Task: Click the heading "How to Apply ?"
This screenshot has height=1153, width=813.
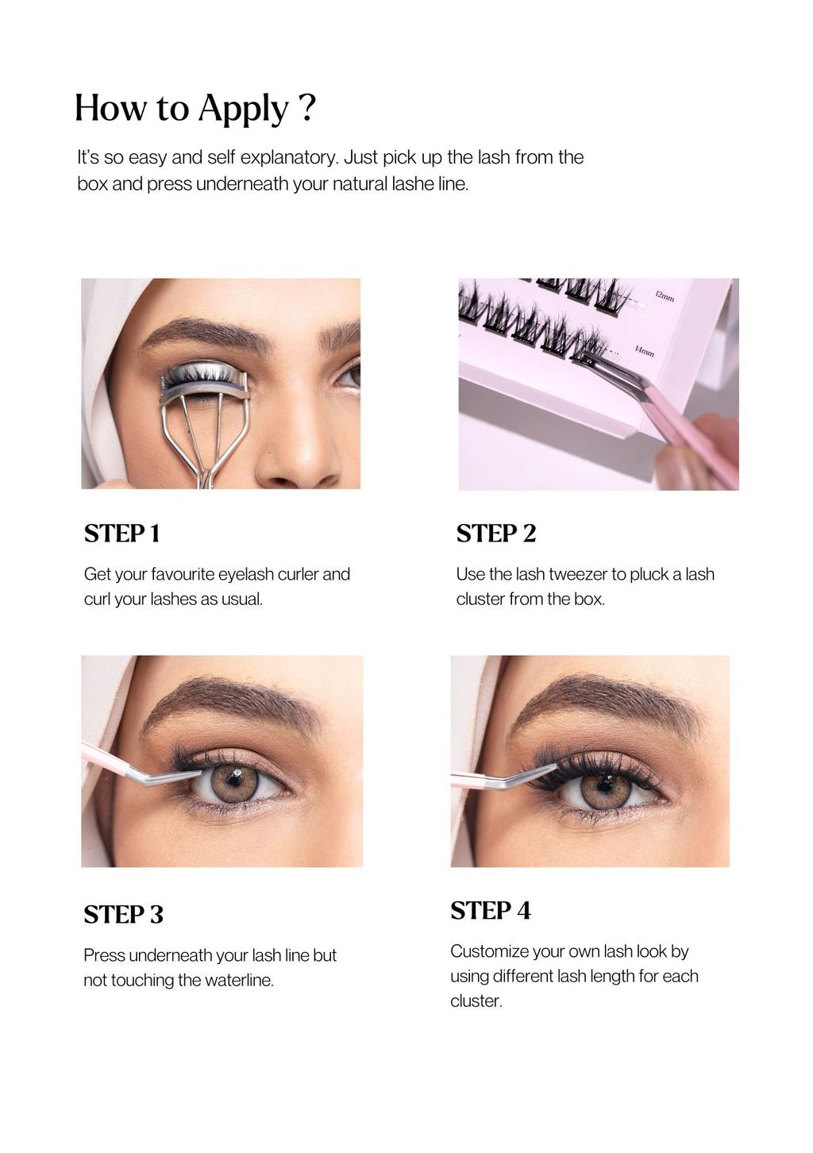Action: point(195,108)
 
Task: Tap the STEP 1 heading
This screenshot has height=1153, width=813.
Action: point(122,534)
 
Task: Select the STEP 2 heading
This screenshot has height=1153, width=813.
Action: point(496,534)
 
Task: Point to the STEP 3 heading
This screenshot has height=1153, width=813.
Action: point(124,915)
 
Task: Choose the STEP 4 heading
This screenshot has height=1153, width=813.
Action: point(491,911)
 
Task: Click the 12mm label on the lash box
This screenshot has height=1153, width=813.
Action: point(665,296)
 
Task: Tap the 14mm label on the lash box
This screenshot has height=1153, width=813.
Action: point(644,352)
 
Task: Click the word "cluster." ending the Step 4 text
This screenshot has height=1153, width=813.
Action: point(476,1001)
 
